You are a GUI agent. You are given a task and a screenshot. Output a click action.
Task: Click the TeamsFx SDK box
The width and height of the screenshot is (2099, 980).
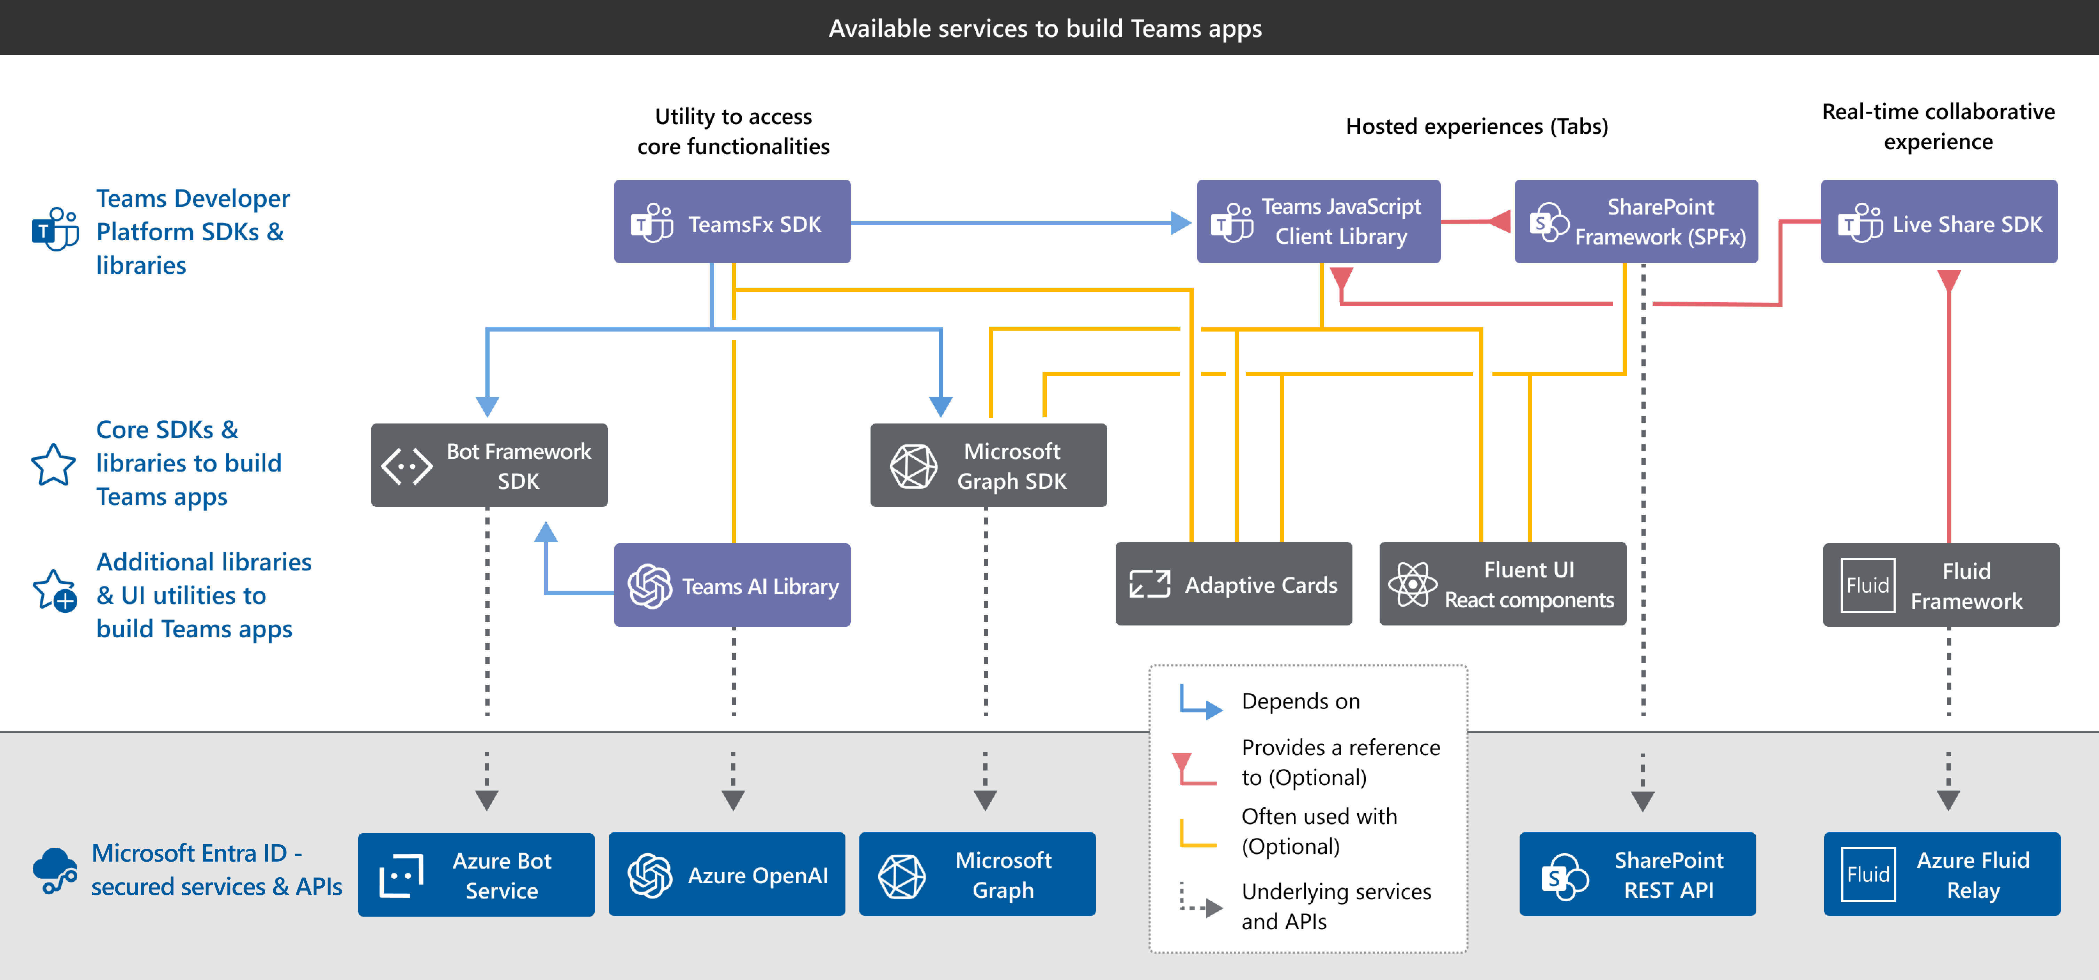click(732, 221)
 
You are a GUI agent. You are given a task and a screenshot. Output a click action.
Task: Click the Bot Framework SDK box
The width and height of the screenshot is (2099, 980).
click(489, 465)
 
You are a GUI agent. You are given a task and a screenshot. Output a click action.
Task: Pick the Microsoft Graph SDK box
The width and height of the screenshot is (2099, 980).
click(988, 465)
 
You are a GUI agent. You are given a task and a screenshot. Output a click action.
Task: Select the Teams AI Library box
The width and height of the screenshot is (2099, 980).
click(732, 585)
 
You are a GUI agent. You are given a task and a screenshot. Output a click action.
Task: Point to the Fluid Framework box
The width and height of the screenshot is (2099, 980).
click(1941, 585)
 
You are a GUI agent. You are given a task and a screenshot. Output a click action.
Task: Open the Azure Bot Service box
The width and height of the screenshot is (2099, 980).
click(476, 874)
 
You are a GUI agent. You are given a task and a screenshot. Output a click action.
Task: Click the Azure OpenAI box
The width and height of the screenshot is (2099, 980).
click(727, 874)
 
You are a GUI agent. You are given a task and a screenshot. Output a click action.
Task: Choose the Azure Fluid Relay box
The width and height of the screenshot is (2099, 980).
click(1942, 874)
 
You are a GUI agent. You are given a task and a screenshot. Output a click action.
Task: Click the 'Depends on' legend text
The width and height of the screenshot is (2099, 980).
click(1301, 701)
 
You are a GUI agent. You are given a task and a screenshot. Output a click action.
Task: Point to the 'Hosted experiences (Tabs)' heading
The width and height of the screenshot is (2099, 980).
click(1476, 126)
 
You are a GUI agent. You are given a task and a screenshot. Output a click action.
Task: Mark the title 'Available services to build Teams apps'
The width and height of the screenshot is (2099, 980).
click(1045, 29)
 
